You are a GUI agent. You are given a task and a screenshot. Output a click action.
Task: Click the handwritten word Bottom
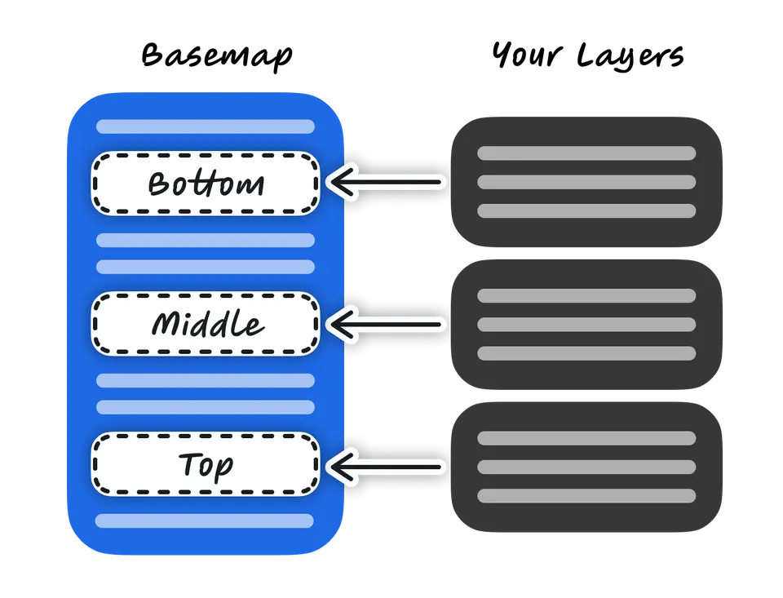coord(206,184)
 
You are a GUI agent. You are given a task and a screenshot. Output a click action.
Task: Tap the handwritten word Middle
coord(207,324)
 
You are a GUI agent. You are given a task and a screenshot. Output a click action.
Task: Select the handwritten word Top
coord(206,465)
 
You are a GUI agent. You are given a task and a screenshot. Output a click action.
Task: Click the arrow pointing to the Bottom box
coord(387,183)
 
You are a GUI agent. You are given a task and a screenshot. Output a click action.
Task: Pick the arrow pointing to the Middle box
coord(387,325)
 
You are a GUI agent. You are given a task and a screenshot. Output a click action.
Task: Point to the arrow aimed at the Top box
coord(387,466)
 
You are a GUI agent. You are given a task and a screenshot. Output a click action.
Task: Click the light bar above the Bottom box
coord(206,126)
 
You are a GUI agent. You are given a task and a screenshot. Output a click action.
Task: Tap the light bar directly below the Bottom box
coord(206,240)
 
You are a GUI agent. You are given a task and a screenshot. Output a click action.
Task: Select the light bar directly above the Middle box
coord(206,267)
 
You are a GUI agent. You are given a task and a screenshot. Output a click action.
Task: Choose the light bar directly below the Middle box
coord(206,380)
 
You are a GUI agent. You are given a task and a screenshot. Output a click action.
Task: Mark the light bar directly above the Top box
coord(206,407)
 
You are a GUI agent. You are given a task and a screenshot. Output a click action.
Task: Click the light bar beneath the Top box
coord(205,520)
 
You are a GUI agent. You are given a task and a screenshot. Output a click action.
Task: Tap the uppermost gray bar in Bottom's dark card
coord(586,153)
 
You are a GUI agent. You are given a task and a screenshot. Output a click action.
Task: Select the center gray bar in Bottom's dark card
coord(586,182)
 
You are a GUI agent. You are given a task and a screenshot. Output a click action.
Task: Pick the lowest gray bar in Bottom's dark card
coord(586,210)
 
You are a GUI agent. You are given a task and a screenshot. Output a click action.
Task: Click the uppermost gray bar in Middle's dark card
coord(586,295)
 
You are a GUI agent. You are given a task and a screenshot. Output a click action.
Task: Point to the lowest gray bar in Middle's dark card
coord(586,353)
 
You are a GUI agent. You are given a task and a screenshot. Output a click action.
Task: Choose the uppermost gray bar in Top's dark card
coord(586,438)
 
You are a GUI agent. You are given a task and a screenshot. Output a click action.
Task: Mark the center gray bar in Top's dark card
coord(586,467)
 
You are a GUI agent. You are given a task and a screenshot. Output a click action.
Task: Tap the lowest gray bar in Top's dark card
coord(586,495)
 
